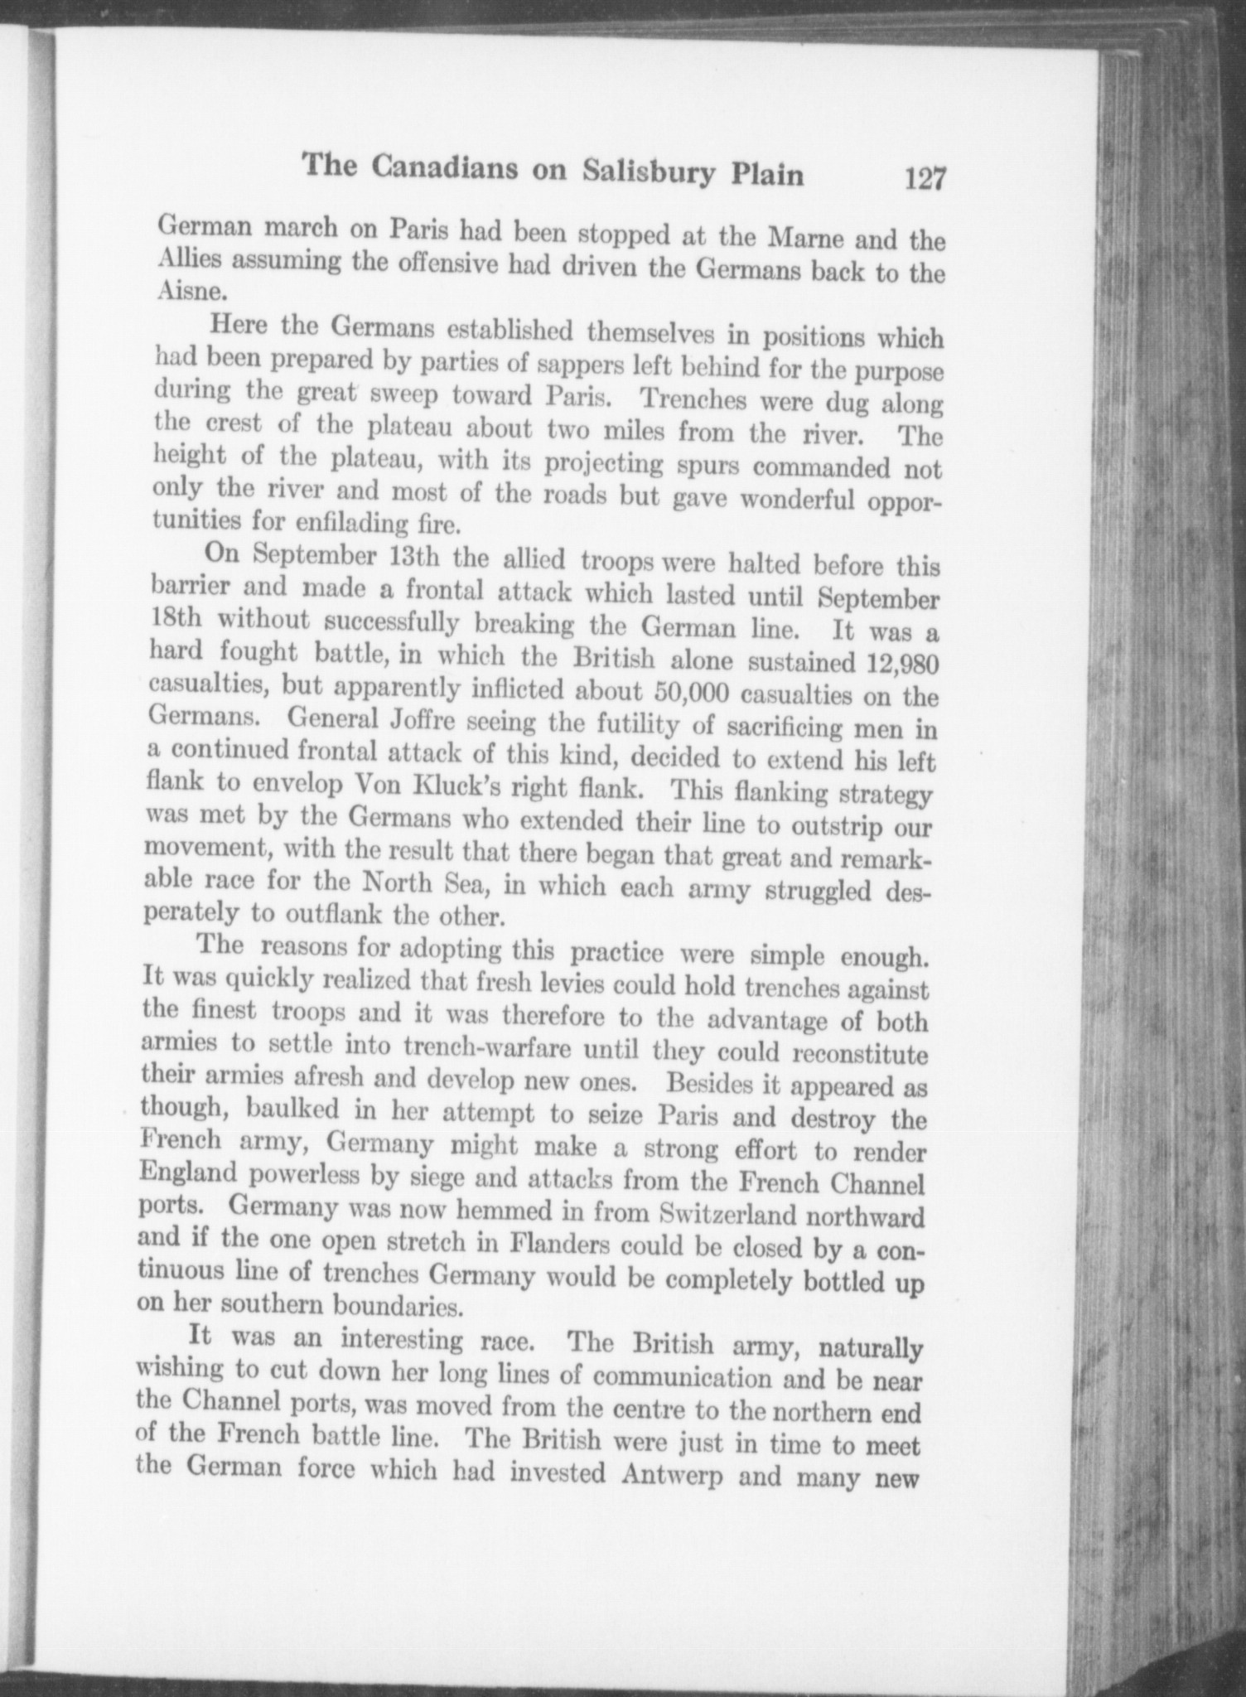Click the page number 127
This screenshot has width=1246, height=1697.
(x=925, y=179)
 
